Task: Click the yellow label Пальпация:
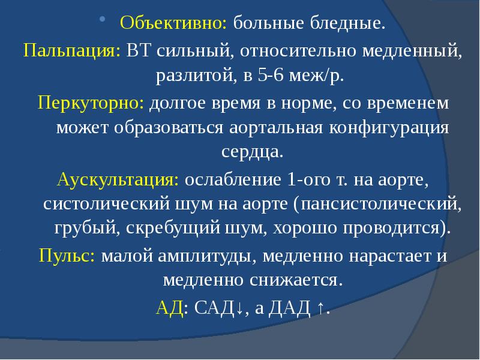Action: pyautogui.click(x=71, y=51)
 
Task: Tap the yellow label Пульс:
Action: pyautogui.click(x=67, y=255)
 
